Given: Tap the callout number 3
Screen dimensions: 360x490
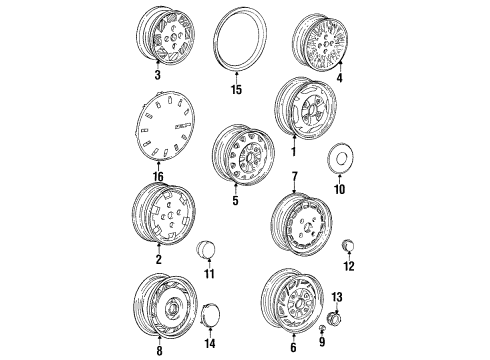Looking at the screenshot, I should tap(158, 75).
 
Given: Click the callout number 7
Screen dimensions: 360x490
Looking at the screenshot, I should tap(294, 176).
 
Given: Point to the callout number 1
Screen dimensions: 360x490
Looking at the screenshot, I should tap(292, 153).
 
